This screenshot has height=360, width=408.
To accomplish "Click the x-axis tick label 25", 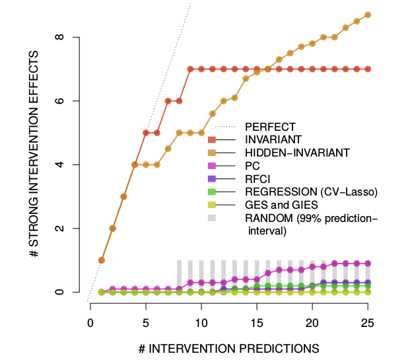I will pos(368,322).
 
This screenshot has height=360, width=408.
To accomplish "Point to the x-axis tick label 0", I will pos(90,322).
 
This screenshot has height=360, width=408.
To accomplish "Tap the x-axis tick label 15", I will pos(257,322).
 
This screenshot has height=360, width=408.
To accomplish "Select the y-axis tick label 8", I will pos(59,37).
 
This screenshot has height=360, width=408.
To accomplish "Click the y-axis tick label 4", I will pos(59,164).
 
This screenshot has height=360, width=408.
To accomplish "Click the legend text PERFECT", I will pos(270,126).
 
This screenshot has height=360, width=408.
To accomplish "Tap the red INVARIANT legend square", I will pos(212,139).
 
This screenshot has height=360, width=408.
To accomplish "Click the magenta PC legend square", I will pos(212,166).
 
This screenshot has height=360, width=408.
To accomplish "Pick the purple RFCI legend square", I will pos(212,179).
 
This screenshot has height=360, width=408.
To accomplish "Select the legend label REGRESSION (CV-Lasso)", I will pos(310,192).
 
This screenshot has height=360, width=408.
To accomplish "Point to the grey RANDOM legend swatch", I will pos(212,219).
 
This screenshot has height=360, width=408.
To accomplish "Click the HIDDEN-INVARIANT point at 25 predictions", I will pos(368,15).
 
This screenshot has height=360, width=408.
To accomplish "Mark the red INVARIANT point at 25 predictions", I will pos(368,69).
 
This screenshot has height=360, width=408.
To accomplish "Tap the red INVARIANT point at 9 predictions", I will pos(190,69).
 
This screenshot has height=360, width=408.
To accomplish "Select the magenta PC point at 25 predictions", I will pos(368,263).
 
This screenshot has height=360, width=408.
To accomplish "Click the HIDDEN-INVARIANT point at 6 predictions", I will pos(157,164).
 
